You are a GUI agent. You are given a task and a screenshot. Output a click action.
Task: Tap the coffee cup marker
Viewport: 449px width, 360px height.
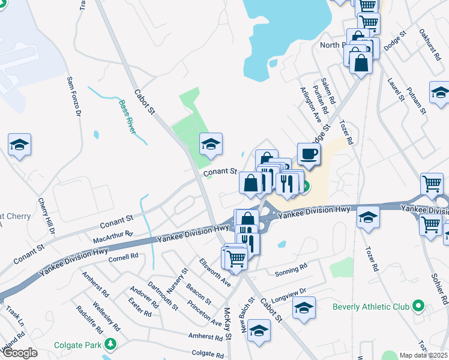coord(309,154)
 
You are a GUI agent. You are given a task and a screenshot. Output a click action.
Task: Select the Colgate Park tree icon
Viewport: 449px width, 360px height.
coord(109,344)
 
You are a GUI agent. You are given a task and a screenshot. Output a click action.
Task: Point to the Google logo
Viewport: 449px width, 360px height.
coord(19,353)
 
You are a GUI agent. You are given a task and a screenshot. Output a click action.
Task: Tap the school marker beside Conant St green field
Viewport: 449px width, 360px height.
coord(211,144)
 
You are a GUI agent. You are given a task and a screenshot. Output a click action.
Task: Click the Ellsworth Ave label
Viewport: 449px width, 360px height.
coord(215,272)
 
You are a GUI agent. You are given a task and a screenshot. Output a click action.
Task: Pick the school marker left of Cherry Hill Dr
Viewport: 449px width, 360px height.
coord(19,145)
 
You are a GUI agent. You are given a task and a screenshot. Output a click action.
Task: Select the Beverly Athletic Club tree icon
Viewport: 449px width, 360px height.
coord(418,307)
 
